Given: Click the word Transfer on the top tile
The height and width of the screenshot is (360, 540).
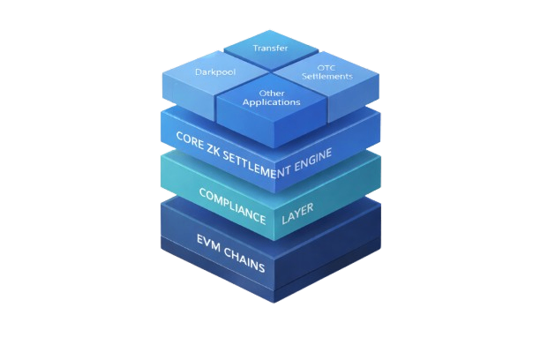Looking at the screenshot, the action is pyautogui.click(x=271, y=48).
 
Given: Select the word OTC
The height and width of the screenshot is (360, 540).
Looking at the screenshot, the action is pyautogui.click(x=324, y=67).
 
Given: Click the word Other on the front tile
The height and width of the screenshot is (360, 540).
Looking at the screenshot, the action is pyautogui.click(x=272, y=92).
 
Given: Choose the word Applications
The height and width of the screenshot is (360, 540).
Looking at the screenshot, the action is pyautogui.click(x=273, y=101).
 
